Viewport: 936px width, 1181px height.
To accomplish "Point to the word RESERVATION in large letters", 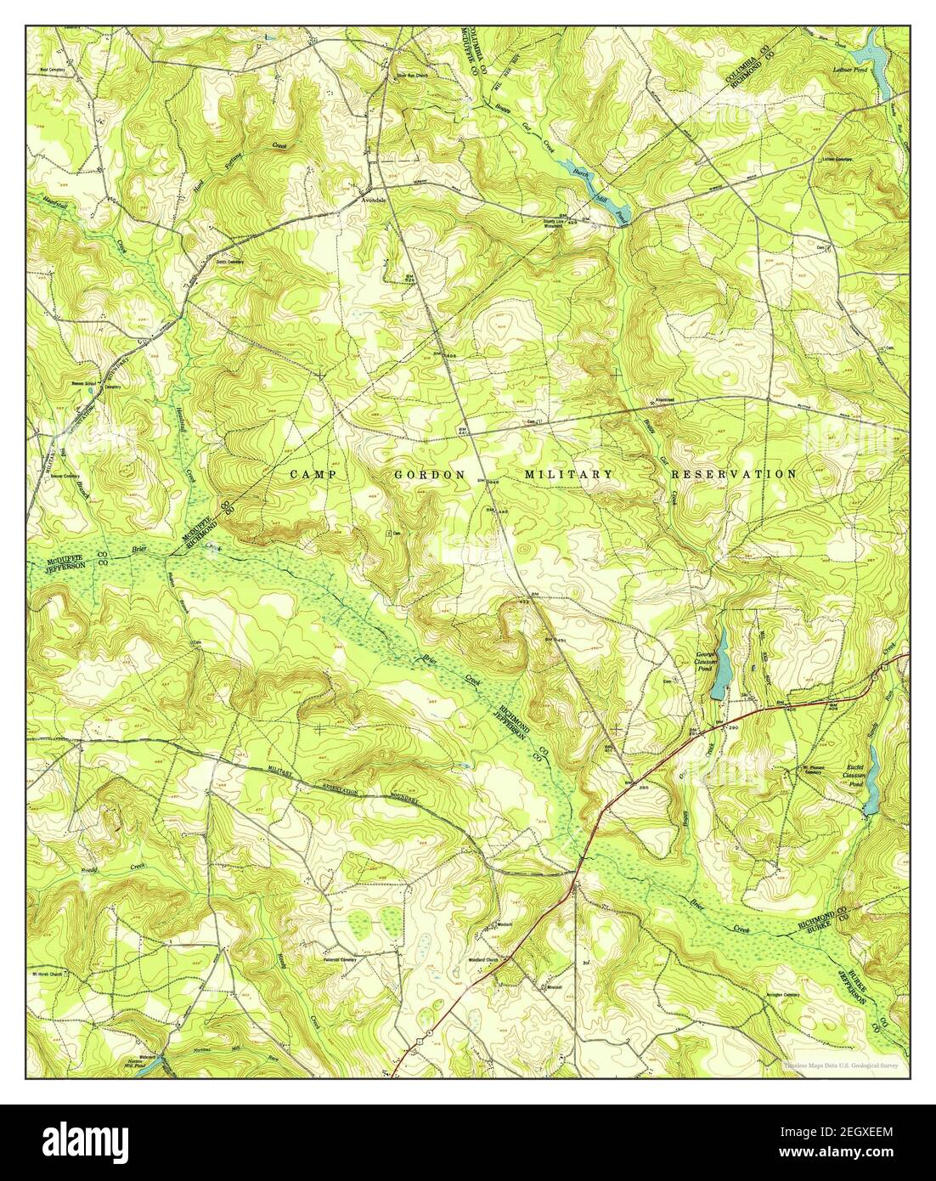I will pyautogui.click(x=729, y=473).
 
